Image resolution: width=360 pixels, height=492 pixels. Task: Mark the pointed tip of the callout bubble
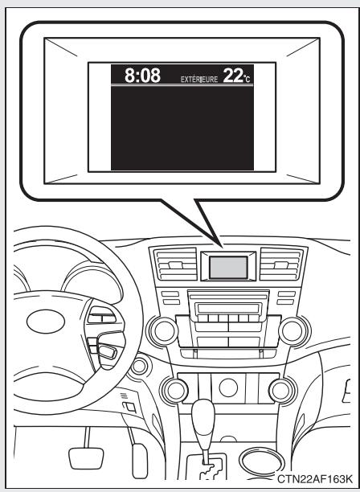[x=222, y=240]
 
